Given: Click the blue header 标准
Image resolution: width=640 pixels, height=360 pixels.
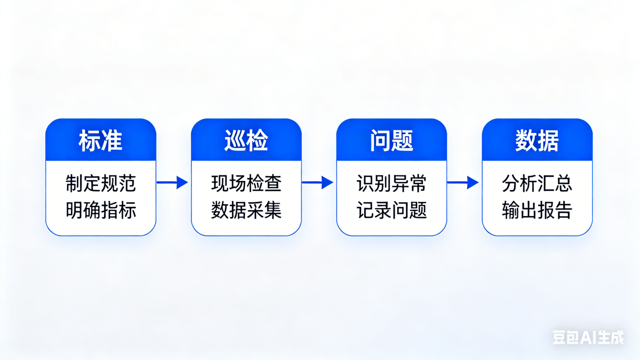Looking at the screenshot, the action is tap(101, 140).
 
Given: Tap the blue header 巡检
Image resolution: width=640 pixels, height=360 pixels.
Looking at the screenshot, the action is tap(246, 140).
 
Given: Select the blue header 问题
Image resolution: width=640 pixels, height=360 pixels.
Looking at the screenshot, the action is tap(391, 140).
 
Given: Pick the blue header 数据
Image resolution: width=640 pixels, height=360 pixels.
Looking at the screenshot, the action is tap(537, 140).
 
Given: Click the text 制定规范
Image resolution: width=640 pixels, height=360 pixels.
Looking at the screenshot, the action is tap(101, 183).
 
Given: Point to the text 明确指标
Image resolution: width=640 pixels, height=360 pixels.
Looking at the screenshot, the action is tap(101, 210).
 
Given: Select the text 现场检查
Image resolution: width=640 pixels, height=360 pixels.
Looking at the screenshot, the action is tap(246, 183).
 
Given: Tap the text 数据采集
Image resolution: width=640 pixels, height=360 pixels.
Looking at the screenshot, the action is tap(246, 210).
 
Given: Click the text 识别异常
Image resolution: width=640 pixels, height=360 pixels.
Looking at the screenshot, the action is tap(391, 183).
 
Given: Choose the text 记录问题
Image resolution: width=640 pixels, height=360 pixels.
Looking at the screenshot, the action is tap(391, 210).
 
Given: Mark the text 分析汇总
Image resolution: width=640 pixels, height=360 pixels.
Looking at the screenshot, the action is tap(537, 183).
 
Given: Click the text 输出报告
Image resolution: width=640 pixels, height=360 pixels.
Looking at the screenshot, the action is tap(537, 210).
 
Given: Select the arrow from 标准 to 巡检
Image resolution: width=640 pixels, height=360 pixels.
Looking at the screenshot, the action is tap(172, 182).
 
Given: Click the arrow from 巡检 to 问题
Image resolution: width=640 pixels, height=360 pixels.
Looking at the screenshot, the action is tap(317, 182).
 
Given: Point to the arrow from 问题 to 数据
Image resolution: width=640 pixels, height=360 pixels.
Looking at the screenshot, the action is tap(463, 182).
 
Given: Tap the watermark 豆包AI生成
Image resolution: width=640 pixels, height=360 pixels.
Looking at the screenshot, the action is tap(588, 338).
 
